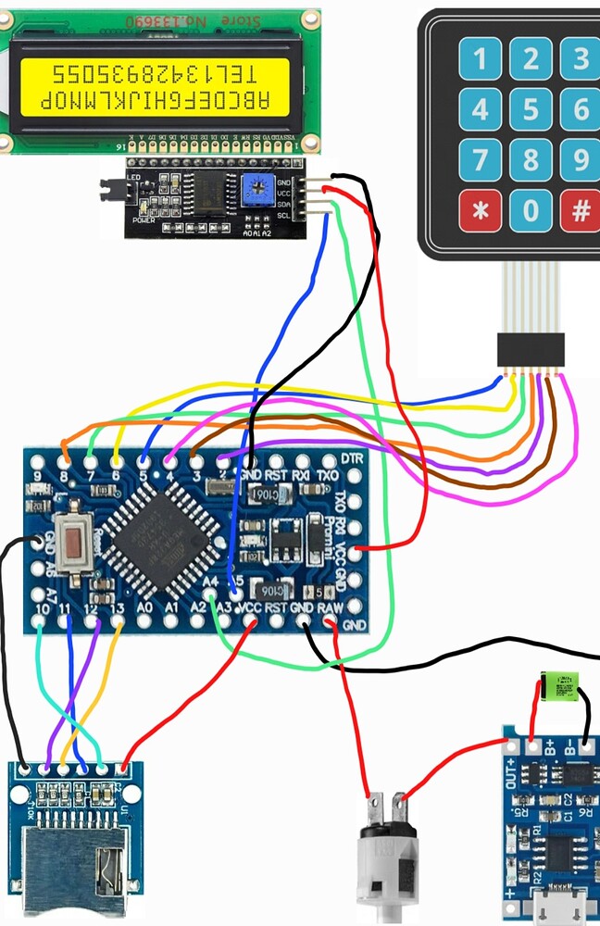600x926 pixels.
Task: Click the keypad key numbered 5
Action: click(x=531, y=110)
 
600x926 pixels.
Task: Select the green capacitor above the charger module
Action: click(x=560, y=687)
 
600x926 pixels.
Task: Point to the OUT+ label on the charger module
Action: click(x=510, y=768)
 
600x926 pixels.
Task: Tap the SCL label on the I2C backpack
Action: click(x=284, y=216)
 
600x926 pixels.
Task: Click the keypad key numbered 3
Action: click(x=581, y=59)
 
